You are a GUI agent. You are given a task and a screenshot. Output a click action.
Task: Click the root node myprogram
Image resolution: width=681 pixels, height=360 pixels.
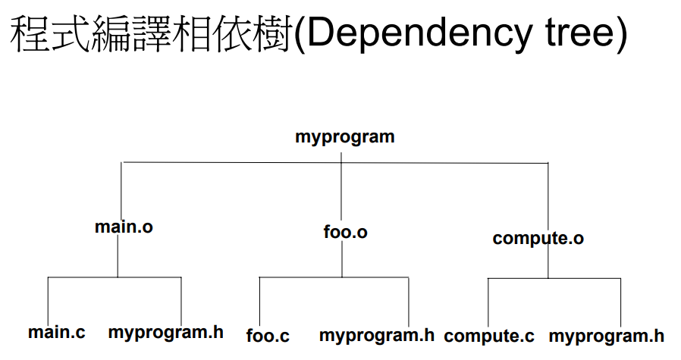tap(344, 137)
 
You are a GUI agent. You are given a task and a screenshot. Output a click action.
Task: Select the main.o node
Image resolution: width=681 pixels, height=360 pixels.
tap(124, 227)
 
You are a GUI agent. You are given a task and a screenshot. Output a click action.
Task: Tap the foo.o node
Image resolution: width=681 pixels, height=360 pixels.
tap(345, 232)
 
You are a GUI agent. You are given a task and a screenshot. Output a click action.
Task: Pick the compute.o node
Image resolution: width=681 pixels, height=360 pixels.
tap(538, 239)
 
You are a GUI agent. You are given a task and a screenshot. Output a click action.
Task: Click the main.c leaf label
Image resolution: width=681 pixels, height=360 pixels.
tap(57, 332)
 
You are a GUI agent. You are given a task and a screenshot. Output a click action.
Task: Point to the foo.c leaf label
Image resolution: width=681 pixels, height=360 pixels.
tap(268, 335)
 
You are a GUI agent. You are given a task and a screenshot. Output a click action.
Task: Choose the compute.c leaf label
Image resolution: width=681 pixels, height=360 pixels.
tap(489, 336)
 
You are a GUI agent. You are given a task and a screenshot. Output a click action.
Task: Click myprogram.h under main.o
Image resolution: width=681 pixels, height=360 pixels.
tap(165, 332)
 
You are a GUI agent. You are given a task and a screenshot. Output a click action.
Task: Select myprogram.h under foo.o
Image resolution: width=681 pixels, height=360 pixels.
tap(377, 335)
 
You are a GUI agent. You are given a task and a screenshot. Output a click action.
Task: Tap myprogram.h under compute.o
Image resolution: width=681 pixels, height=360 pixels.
tap(606, 336)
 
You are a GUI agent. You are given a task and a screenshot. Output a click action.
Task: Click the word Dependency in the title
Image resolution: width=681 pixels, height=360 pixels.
tap(416, 35)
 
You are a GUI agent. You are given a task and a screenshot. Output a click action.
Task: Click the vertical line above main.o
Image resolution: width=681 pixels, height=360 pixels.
tap(121, 189)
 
